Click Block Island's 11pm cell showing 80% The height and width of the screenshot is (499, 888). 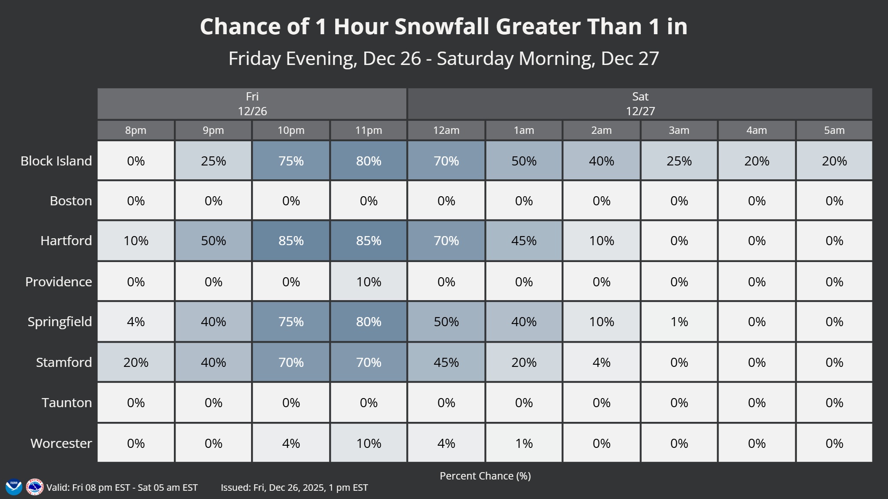(369, 161)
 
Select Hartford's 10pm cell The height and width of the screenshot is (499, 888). (291, 240)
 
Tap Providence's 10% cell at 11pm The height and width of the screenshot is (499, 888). (369, 282)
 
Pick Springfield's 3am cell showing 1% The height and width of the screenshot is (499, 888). (679, 321)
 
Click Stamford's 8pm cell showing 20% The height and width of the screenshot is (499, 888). (136, 362)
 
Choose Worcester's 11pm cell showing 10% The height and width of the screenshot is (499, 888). (369, 443)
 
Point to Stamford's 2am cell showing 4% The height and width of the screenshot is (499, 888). (601, 362)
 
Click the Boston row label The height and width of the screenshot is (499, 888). (71, 201)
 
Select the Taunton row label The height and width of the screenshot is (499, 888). (67, 402)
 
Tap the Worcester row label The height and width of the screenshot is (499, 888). (61, 443)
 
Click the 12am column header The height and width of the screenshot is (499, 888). (446, 130)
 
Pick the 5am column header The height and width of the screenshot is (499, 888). (834, 130)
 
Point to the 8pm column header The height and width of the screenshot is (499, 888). (136, 130)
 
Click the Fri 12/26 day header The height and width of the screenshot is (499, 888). (252, 104)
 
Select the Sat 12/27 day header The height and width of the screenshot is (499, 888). (640, 104)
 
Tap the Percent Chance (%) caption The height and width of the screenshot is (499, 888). (485, 476)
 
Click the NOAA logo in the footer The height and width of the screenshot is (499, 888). (14, 487)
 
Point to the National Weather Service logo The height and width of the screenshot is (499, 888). (35, 487)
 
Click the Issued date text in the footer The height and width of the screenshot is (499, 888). (294, 487)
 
